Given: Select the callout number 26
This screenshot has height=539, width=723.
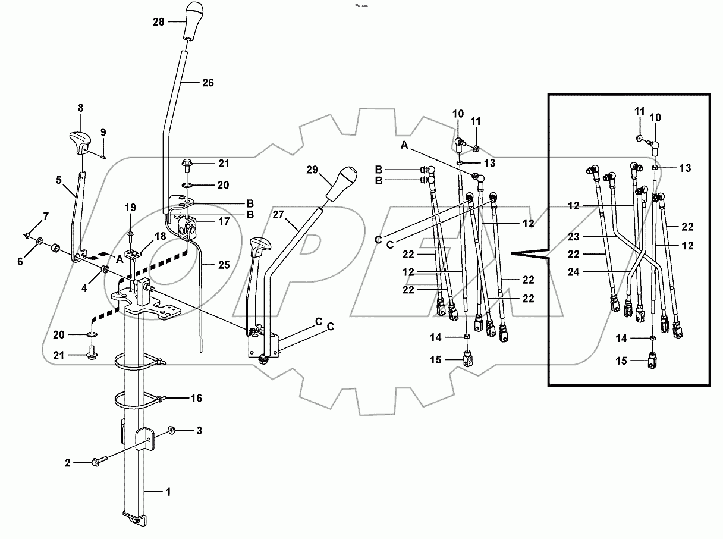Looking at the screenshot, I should [208, 82].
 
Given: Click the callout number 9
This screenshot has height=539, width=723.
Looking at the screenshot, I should [103, 133].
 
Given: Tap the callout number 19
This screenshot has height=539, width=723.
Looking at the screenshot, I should [130, 208].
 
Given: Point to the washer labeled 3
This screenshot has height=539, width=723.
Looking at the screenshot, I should [171, 430].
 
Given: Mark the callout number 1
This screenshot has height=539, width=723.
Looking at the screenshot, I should [168, 491].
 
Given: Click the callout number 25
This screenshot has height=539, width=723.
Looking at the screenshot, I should [223, 265].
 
